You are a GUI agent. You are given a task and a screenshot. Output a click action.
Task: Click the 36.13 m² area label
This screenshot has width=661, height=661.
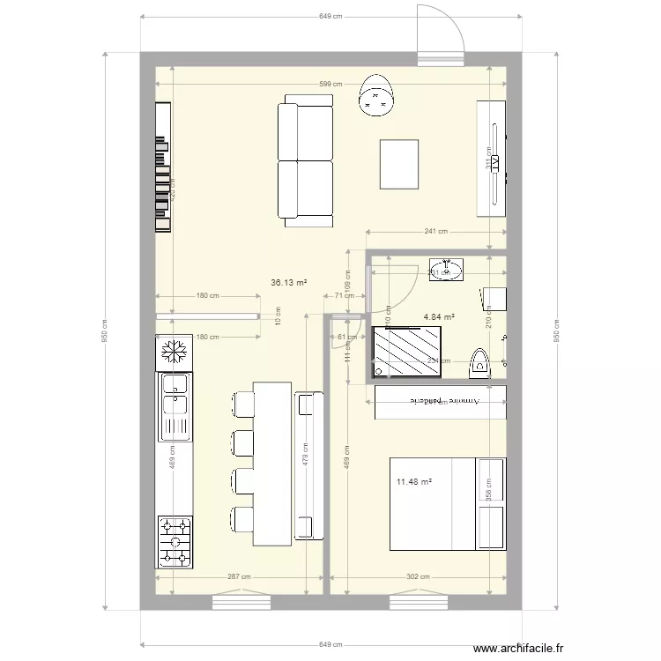(x=289, y=283)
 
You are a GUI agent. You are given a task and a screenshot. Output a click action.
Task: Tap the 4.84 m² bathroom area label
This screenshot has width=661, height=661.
(x=439, y=316)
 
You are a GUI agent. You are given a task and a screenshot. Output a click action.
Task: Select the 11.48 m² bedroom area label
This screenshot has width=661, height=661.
(x=413, y=481)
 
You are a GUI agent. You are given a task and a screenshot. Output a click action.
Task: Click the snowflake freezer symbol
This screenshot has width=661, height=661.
(x=174, y=353)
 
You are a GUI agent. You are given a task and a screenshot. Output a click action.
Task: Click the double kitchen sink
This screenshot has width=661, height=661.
(x=175, y=405)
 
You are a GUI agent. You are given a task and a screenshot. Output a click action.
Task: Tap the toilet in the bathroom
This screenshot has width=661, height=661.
(x=479, y=362)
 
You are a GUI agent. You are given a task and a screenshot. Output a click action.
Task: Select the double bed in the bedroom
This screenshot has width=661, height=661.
(x=447, y=503)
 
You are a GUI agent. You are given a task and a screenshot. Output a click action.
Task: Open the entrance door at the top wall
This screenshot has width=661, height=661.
(x=440, y=35)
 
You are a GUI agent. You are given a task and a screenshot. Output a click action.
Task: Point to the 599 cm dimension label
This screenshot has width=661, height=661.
(x=331, y=85)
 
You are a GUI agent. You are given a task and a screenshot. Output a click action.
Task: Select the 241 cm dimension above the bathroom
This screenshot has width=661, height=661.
(x=435, y=232)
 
